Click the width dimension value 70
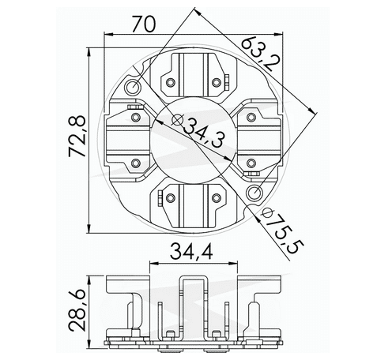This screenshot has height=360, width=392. (x=142, y=24)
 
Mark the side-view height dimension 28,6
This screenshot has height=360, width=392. (x=77, y=309)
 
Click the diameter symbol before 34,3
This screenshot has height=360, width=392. (x=170, y=121)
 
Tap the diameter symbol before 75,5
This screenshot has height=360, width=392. (x=267, y=213)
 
